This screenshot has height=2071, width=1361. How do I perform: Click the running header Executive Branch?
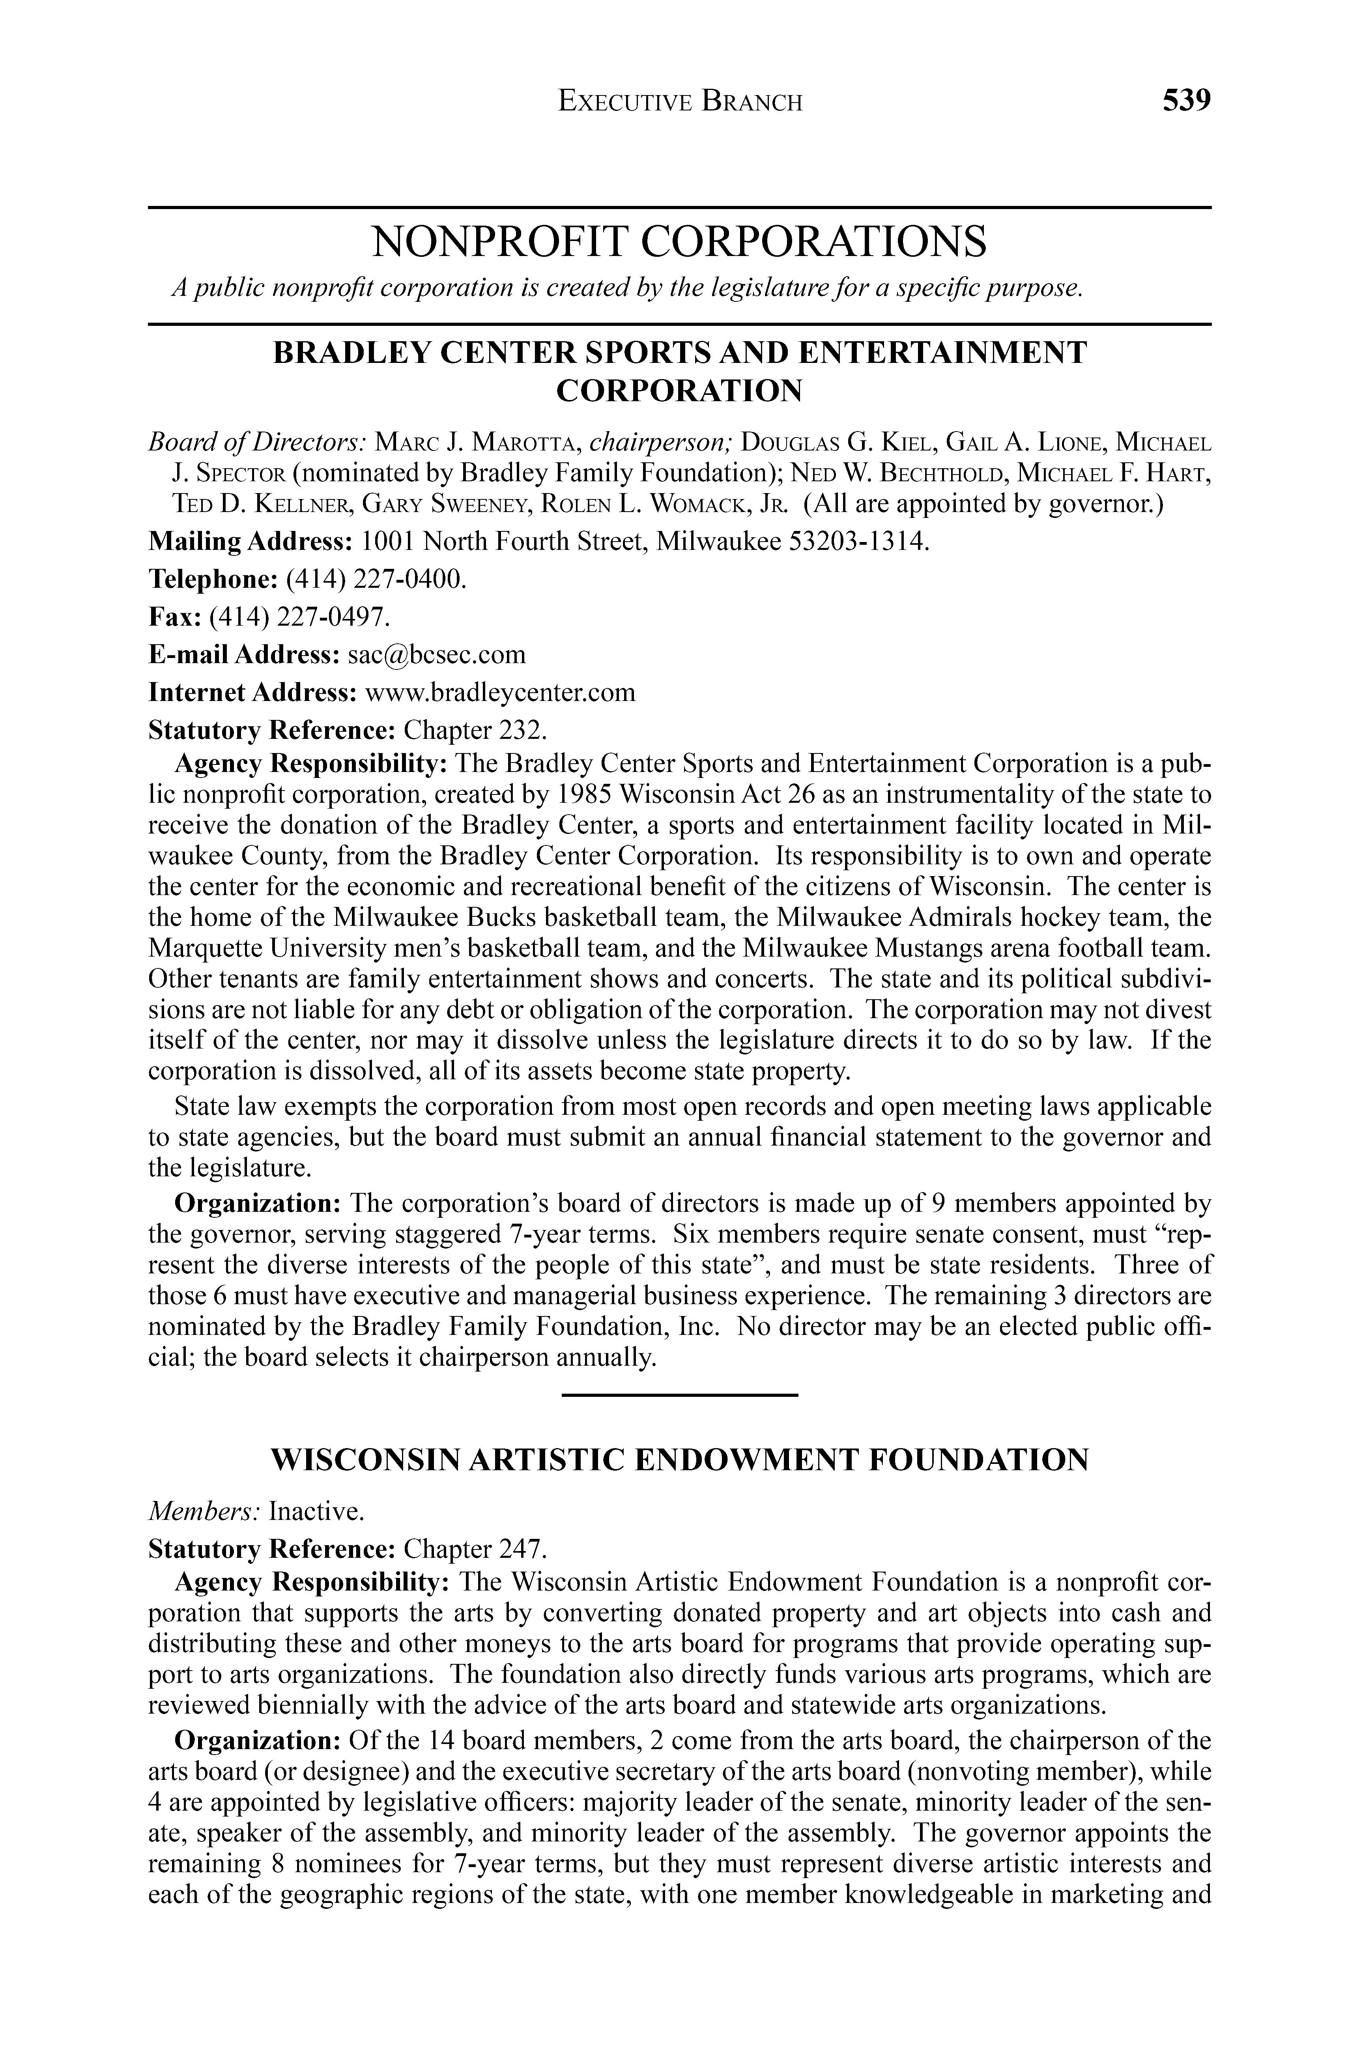(x=680, y=103)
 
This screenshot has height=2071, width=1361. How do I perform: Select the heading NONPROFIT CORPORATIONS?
(x=680, y=242)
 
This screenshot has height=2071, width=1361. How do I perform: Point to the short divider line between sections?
(x=680, y=1396)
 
